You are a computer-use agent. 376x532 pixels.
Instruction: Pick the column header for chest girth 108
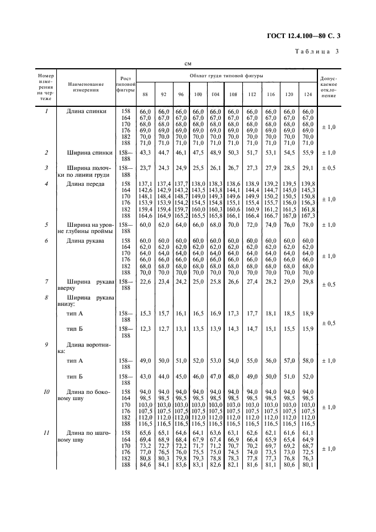tap(233, 93)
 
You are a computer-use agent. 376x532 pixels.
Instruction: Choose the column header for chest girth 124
tap(308, 93)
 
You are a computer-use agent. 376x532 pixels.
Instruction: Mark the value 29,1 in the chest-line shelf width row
tap(308, 169)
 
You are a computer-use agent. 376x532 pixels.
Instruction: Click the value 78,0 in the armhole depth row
tap(308, 225)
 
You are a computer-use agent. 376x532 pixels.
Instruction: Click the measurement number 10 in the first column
tap(46, 392)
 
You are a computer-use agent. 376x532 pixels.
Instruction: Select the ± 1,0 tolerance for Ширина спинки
tap(328, 153)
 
